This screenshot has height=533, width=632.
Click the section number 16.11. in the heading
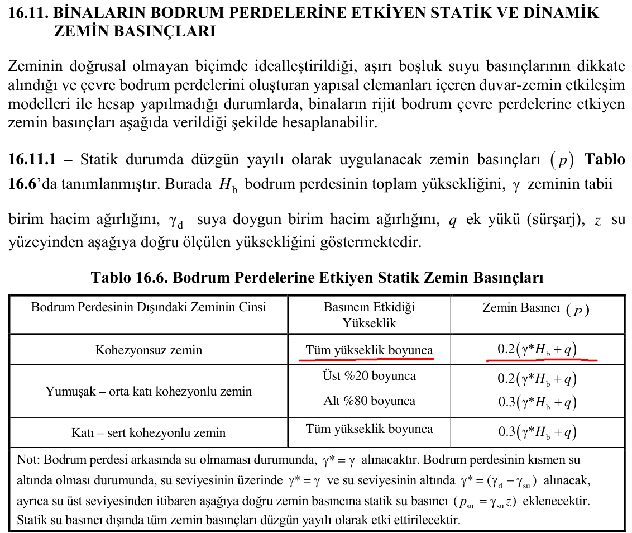click(28, 12)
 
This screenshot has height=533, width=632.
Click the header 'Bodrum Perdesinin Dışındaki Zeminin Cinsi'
click(149, 307)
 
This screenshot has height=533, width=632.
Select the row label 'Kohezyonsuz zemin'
click(149, 350)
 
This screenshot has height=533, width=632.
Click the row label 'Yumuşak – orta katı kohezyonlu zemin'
click(149, 391)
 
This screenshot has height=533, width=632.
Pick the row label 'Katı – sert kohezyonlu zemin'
click(149, 432)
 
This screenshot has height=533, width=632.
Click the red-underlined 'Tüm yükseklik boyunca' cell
click(369, 350)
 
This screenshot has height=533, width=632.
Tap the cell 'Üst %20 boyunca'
click(369, 375)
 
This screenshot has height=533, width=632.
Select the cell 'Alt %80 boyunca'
click(369, 401)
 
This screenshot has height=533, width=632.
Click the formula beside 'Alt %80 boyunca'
click(537, 402)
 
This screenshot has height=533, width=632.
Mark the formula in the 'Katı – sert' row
click(537, 432)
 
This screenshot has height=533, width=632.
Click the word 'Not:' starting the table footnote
click(28, 460)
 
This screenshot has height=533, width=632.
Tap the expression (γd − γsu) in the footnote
click(511, 480)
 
